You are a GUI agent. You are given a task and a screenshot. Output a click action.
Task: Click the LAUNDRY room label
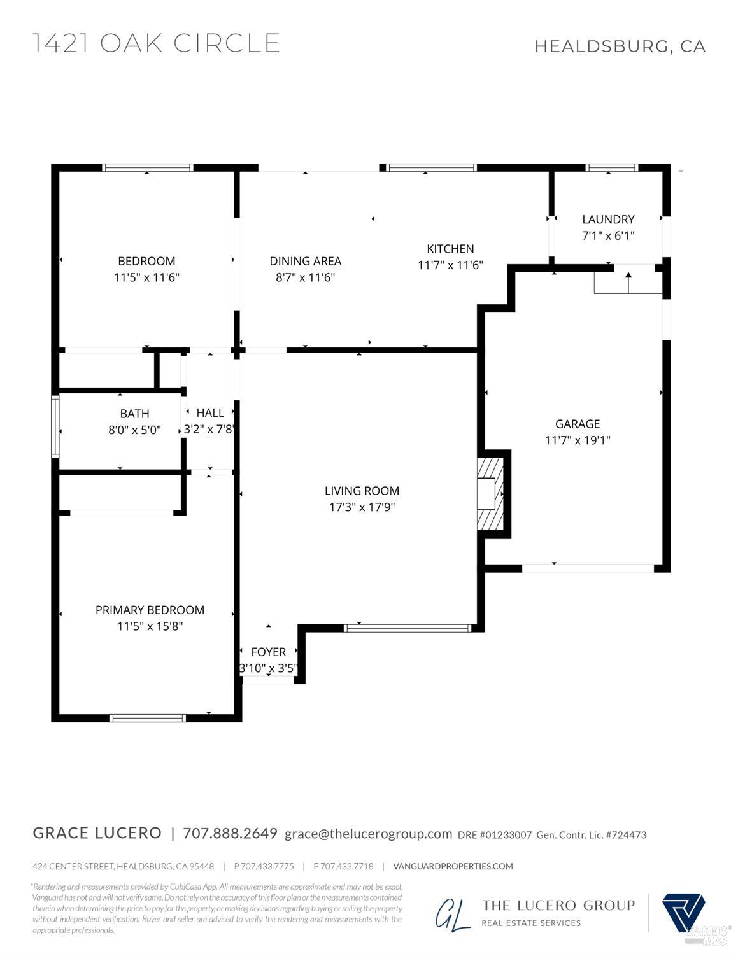point(608,219)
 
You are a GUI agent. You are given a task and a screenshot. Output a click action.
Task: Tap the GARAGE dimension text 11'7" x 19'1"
point(578,440)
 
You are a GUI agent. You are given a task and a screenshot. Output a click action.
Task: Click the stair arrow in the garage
point(628,282)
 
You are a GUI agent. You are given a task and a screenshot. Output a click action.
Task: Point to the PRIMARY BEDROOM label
point(150,610)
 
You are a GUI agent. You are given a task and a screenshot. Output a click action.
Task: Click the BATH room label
point(134,414)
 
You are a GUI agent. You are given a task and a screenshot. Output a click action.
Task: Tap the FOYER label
point(268,652)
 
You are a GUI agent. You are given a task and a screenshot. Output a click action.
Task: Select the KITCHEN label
point(450,249)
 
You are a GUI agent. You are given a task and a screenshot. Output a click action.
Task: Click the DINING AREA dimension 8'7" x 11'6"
point(305,277)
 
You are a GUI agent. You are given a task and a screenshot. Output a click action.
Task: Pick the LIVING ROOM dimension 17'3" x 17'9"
point(362,507)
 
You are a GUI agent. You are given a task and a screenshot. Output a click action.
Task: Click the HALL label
point(209,413)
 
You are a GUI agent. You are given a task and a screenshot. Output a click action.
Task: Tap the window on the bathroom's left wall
point(55,426)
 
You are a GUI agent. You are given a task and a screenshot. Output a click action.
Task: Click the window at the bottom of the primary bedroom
point(148,718)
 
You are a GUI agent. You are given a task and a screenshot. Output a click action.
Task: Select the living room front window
point(408,628)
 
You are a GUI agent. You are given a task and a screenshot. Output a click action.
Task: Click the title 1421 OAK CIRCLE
point(156,43)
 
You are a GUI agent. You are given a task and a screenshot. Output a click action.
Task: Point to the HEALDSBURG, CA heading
point(620,46)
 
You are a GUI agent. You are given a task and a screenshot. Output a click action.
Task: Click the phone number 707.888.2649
point(230,833)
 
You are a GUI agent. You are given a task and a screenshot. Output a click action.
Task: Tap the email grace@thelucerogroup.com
point(368,834)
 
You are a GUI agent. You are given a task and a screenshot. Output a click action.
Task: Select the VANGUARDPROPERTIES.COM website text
point(453,866)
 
